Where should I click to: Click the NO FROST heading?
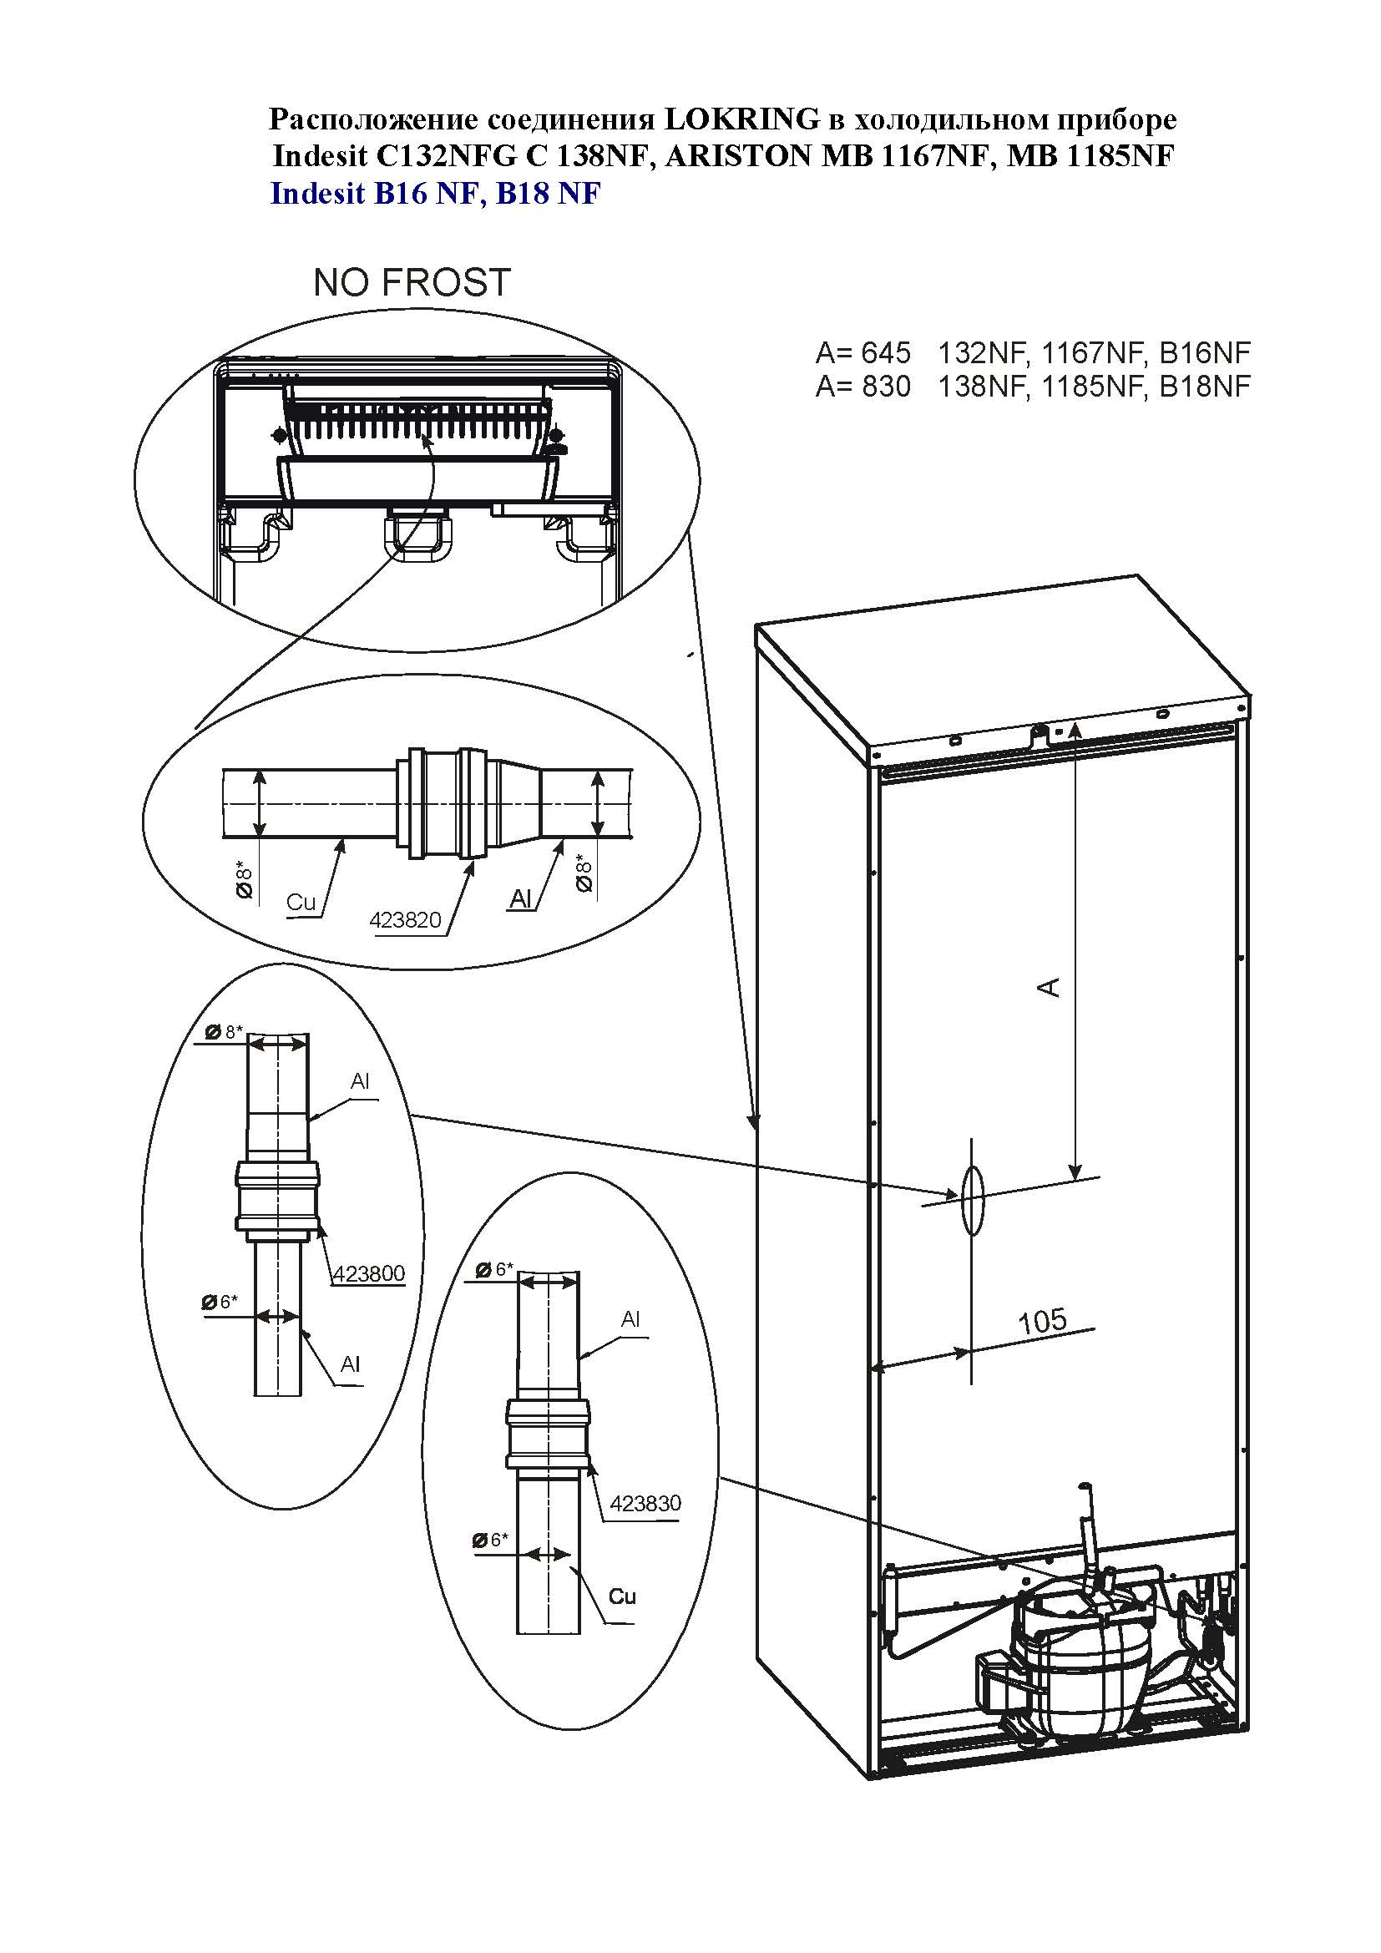(x=412, y=283)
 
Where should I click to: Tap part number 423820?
(x=406, y=919)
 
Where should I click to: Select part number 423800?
(x=369, y=1273)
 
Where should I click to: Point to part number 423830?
(x=645, y=1503)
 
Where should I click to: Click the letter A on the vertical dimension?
(x=1052, y=987)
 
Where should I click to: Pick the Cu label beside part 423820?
(x=301, y=903)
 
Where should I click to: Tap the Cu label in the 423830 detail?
(x=623, y=1596)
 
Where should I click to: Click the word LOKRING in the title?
(x=739, y=119)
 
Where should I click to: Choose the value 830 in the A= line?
(x=885, y=387)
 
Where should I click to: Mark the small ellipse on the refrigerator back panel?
(x=972, y=1200)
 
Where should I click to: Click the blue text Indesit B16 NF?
(x=375, y=194)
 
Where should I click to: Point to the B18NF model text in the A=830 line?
(x=1205, y=387)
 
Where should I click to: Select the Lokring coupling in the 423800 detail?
(x=278, y=1195)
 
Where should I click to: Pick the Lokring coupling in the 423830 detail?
(x=549, y=1434)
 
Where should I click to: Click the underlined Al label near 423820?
(x=520, y=899)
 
